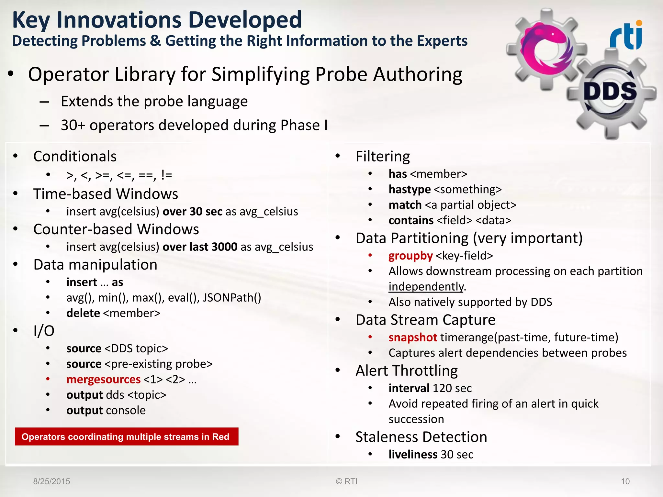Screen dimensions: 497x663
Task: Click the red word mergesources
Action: (103, 379)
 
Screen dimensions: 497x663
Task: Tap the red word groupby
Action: (410, 256)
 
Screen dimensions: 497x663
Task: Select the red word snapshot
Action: (413, 337)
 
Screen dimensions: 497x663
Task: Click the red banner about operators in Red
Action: (126, 436)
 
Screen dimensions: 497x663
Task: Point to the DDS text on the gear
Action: (610, 91)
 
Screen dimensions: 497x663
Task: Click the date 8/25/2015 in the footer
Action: (51, 481)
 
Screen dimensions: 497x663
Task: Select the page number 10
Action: (625, 481)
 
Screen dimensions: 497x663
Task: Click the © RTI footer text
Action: (346, 481)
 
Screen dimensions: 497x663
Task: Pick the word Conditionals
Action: (75, 156)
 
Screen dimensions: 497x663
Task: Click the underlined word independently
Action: (426, 287)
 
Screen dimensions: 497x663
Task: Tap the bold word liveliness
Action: (413, 454)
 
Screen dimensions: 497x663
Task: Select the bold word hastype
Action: (410, 189)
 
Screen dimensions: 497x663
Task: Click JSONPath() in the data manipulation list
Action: (232, 298)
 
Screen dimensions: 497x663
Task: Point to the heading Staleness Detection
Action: (421, 437)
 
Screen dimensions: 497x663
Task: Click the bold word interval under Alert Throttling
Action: (409, 388)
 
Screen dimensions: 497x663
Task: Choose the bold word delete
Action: (83, 313)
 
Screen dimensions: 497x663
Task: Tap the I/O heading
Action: (44, 331)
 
